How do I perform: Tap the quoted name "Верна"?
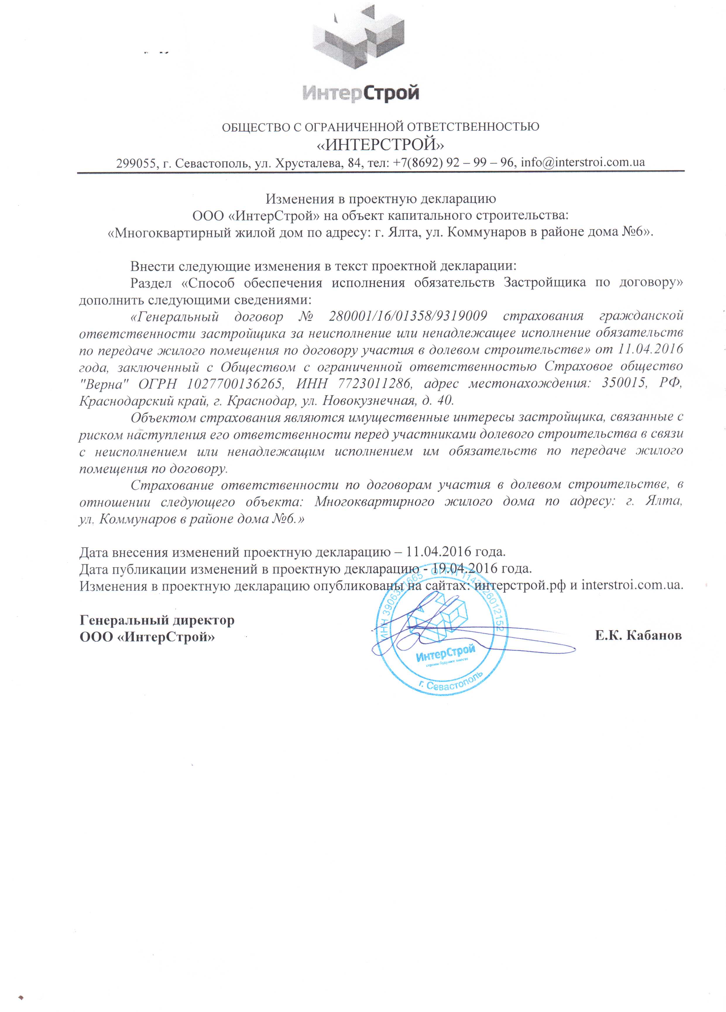pyautogui.click(x=104, y=383)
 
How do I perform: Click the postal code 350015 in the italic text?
pyautogui.click(x=624, y=383)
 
